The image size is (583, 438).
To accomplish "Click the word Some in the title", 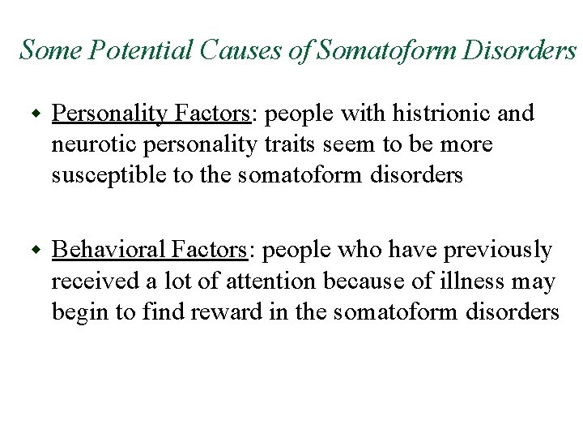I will [48, 50].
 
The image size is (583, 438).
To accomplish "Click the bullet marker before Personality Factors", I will [34, 114].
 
